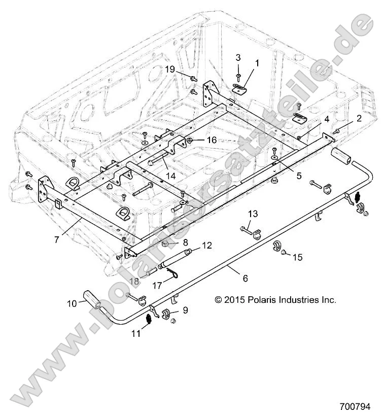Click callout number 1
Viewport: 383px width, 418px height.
pyautogui.click(x=257, y=63)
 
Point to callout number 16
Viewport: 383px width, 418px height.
pyautogui.click(x=211, y=140)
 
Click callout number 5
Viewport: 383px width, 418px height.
pyautogui.click(x=299, y=176)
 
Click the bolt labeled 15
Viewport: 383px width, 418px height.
pyautogui.click(x=284, y=252)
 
